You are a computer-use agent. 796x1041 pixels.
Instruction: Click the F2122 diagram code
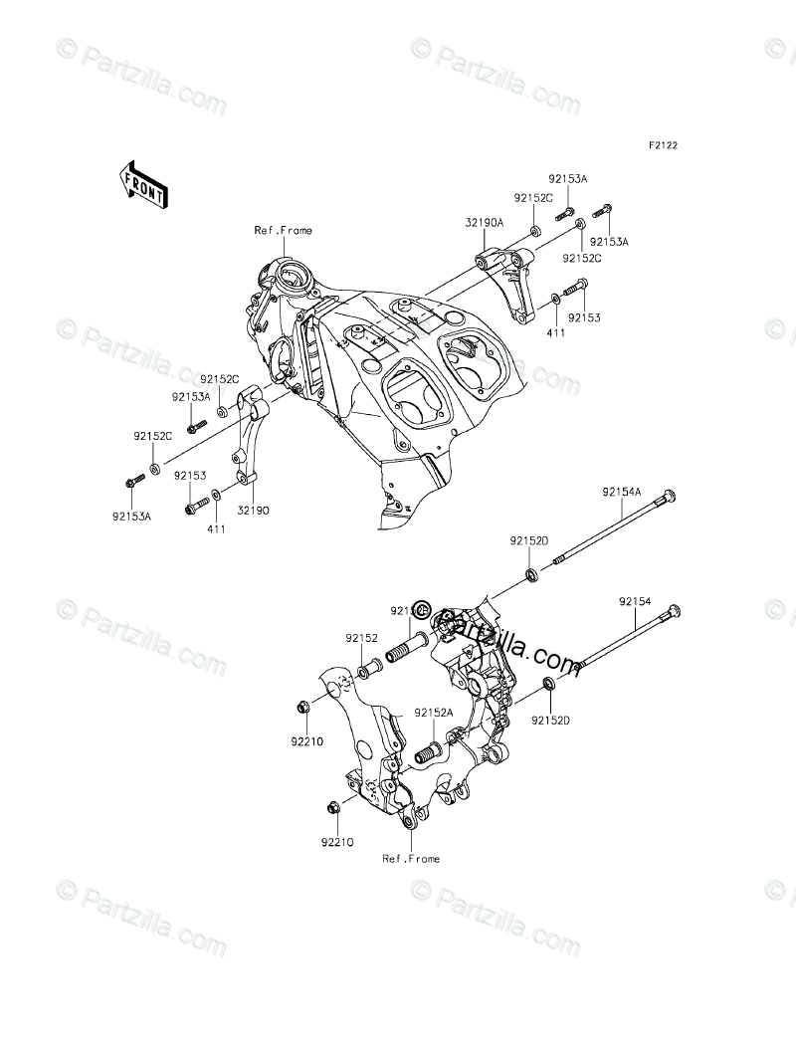(664, 145)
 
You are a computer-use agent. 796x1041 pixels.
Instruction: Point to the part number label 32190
(253, 510)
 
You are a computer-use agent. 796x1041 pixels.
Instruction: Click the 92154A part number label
(621, 491)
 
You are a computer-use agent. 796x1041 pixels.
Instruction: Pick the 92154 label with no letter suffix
(634, 601)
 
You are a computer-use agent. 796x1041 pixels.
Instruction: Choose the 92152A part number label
(434, 713)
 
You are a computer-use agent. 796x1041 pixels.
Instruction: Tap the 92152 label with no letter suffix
(362, 638)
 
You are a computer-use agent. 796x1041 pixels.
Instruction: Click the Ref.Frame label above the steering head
(283, 231)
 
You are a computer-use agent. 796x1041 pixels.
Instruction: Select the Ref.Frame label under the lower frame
(411, 858)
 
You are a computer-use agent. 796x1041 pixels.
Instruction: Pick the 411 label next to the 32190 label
(216, 529)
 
